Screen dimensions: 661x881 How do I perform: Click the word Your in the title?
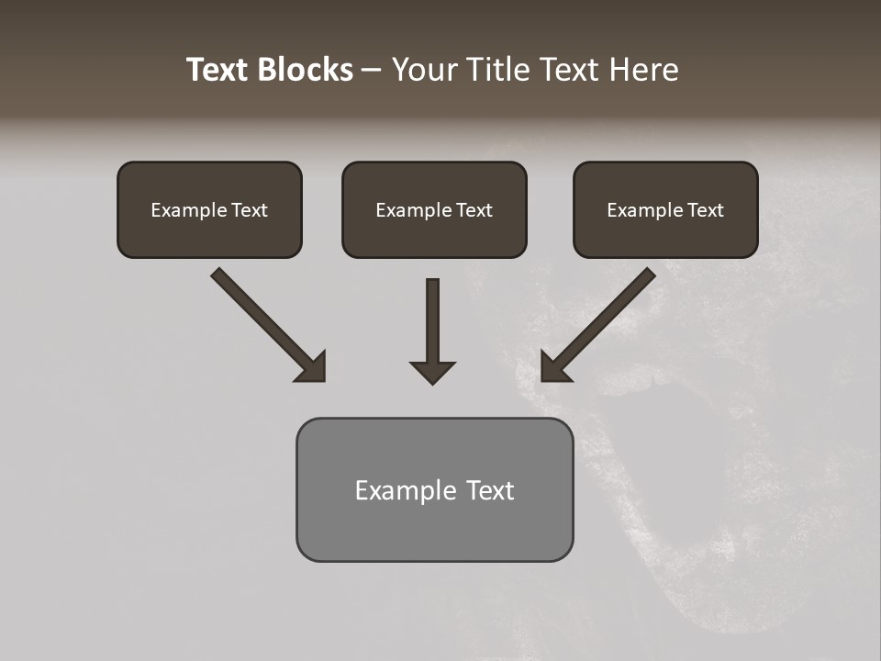pos(423,70)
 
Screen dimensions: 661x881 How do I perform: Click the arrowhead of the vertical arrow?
pos(432,371)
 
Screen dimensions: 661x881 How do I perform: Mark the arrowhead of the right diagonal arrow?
pos(553,367)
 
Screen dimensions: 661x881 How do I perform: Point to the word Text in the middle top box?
pos(474,210)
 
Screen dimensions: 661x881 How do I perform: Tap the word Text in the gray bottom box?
pos(490,490)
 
